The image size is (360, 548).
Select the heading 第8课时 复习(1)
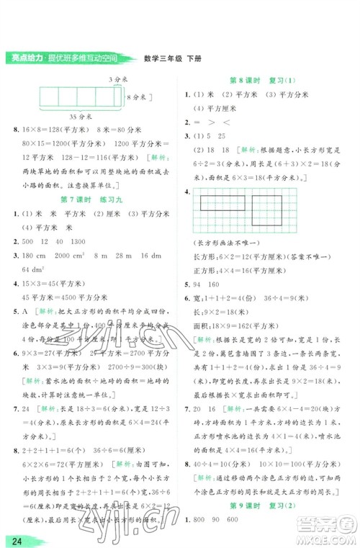pos(256,81)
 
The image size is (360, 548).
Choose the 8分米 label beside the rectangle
pos(135,96)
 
